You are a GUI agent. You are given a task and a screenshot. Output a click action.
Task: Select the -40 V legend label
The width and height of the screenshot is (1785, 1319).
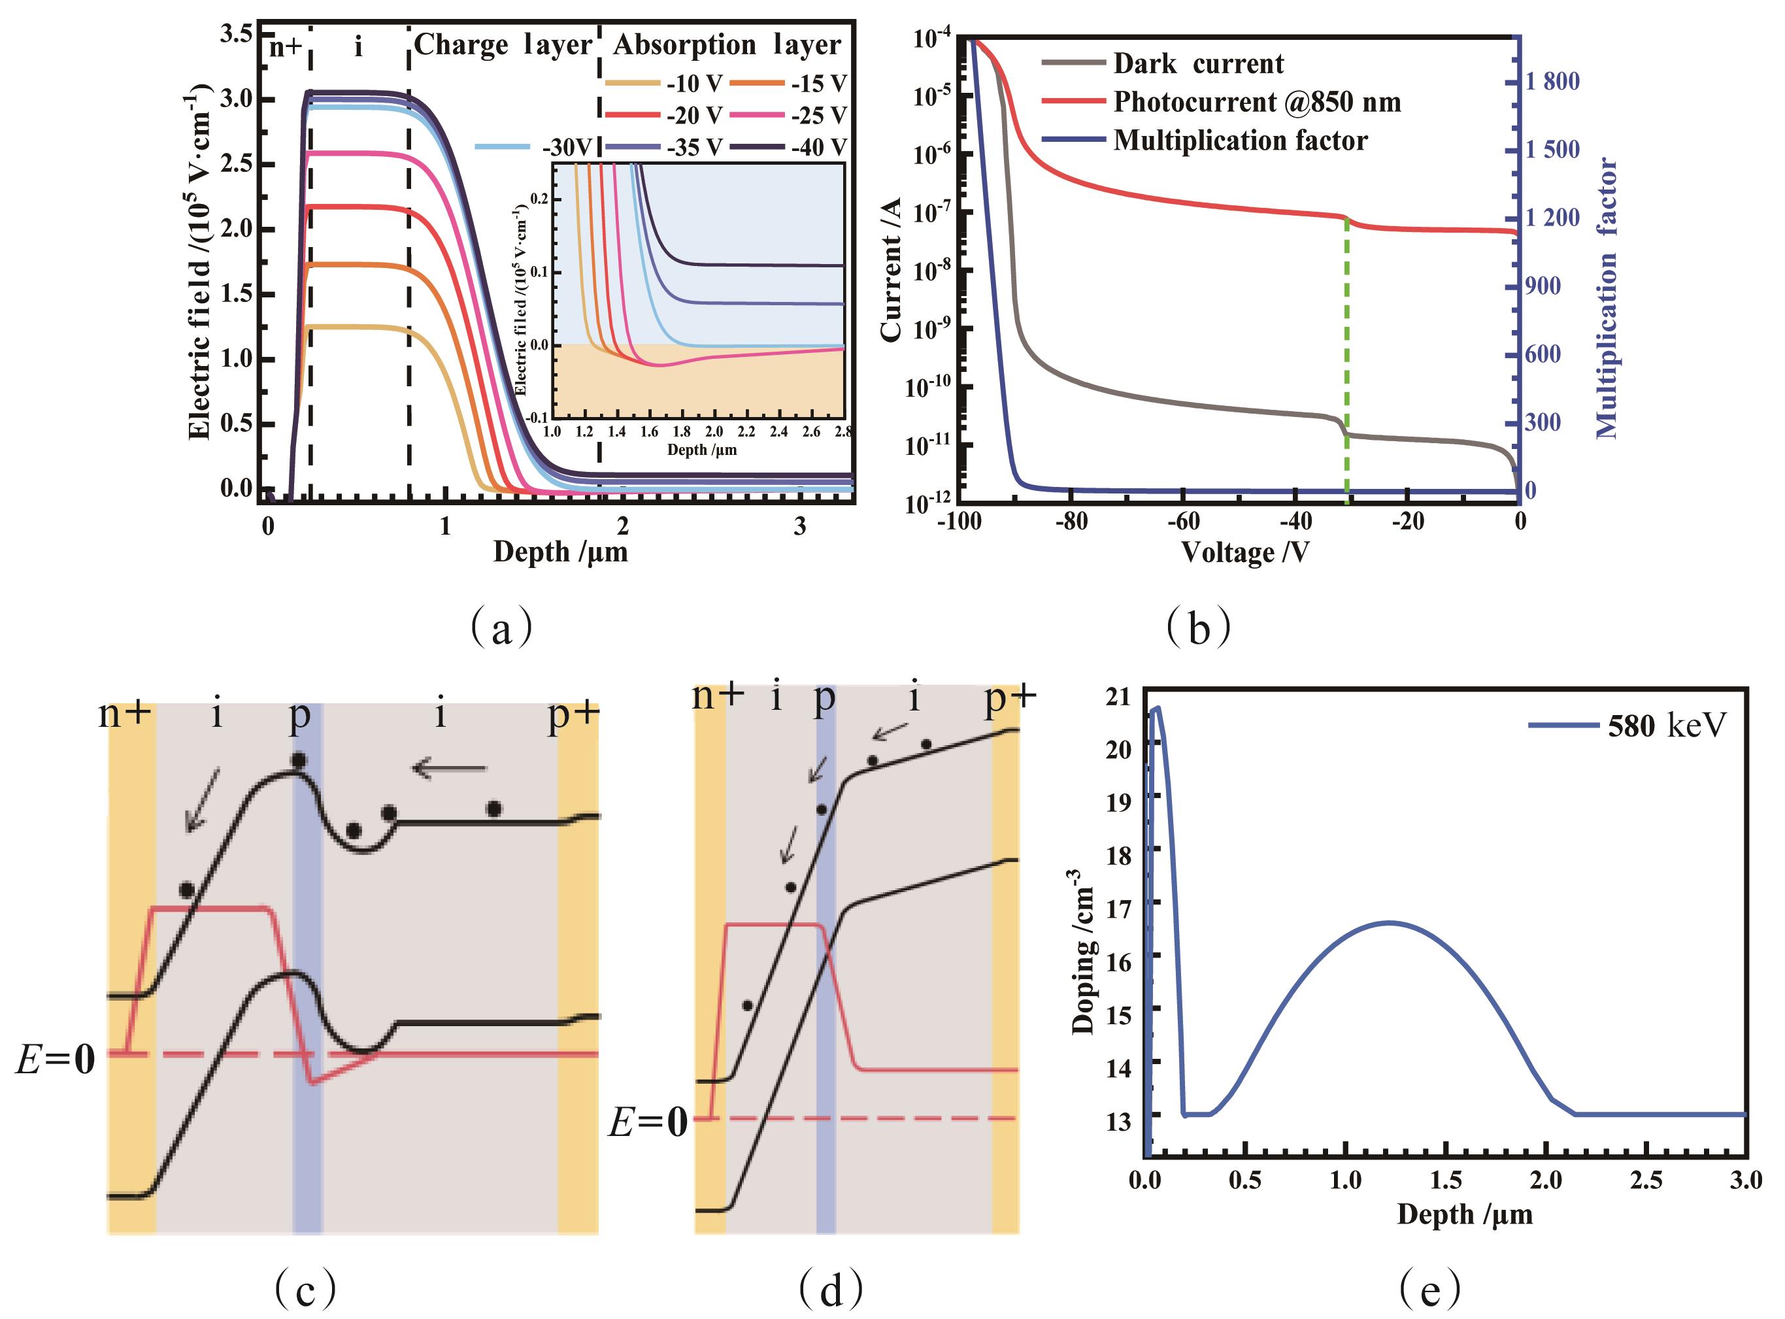coord(818,147)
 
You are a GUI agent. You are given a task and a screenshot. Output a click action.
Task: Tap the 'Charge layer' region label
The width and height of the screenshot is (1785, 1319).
coord(503,44)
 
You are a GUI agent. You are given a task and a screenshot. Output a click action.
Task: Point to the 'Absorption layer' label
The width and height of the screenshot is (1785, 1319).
coord(726,44)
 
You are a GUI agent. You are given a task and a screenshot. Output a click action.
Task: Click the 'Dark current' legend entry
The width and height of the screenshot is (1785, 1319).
coord(1198,64)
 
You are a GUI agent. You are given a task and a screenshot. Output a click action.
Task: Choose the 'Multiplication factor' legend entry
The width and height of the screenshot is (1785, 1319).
coord(1240,141)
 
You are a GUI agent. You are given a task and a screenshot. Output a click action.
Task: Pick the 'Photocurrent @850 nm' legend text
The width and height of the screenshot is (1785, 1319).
coord(1256,102)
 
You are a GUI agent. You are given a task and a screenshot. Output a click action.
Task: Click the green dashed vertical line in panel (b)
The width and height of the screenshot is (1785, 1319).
coord(1346,359)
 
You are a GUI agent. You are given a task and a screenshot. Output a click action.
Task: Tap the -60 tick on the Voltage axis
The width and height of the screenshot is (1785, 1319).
coord(1183,522)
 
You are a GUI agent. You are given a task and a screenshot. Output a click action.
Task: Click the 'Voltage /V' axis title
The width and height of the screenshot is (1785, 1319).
coord(1244,552)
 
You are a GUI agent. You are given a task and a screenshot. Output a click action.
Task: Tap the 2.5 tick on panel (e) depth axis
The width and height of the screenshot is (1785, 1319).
coord(1646,1180)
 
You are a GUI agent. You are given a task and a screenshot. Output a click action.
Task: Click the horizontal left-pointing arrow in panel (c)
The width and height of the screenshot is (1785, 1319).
coord(448,768)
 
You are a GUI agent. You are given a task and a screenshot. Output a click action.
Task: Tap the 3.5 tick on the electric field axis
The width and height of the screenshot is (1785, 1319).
coord(237,33)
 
